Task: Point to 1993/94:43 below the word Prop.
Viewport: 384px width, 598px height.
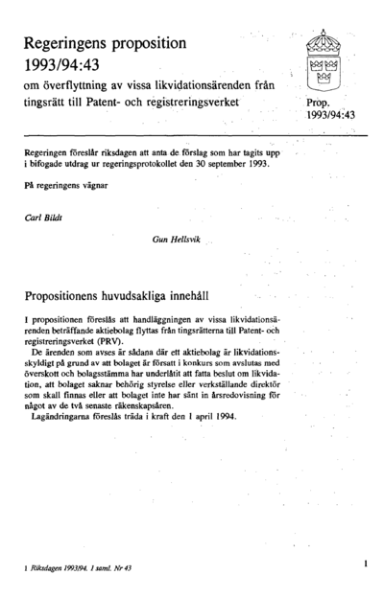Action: pos(330,116)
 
